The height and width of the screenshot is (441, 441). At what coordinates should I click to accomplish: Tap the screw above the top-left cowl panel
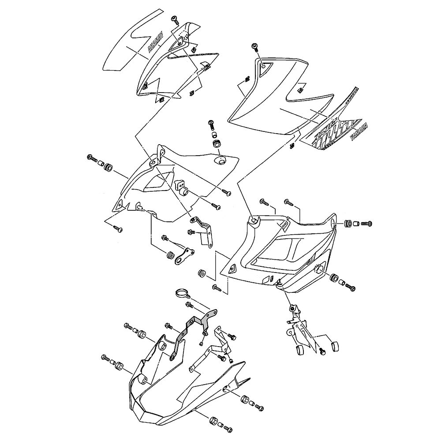(174, 19)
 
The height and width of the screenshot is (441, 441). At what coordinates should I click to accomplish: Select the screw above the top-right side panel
(255, 47)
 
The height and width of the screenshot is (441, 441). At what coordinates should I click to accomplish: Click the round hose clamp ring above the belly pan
(181, 292)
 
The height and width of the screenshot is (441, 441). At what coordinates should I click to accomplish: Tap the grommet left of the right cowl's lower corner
(203, 273)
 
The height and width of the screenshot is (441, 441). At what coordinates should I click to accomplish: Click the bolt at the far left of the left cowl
(93, 157)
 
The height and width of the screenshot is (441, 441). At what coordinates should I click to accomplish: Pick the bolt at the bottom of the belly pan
(228, 428)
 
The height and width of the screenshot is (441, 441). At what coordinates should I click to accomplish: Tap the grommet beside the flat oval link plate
(170, 255)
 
